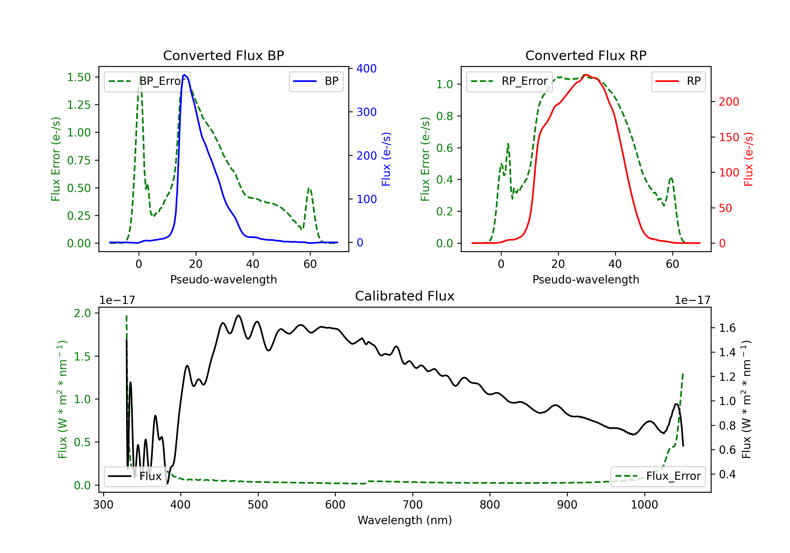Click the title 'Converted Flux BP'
pyautogui.click(x=223, y=55)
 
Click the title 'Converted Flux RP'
pyautogui.click(x=586, y=55)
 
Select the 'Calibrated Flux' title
pyautogui.click(x=405, y=296)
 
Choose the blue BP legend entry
pyautogui.click(x=316, y=81)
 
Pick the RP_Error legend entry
pyautogui.click(x=509, y=81)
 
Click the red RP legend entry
pyautogui.click(x=678, y=81)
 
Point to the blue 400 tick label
pyautogui.click(x=367, y=68)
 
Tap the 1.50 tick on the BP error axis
pyautogui.click(x=79, y=77)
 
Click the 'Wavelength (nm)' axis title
pyautogui.click(x=405, y=520)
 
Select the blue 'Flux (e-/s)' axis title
pyautogui.click(x=386, y=159)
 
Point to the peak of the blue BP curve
pyautogui.click(x=184, y=75)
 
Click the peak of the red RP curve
pyautogui.click(x=586, y=75)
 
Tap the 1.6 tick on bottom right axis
pyautogui.click(x=727, y=328)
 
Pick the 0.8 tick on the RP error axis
pyautogui.click(x=445, y=116)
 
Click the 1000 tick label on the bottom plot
pyautogui.click(x=644, y=505)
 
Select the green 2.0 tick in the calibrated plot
pyautogui.click(x=82, y=313)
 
